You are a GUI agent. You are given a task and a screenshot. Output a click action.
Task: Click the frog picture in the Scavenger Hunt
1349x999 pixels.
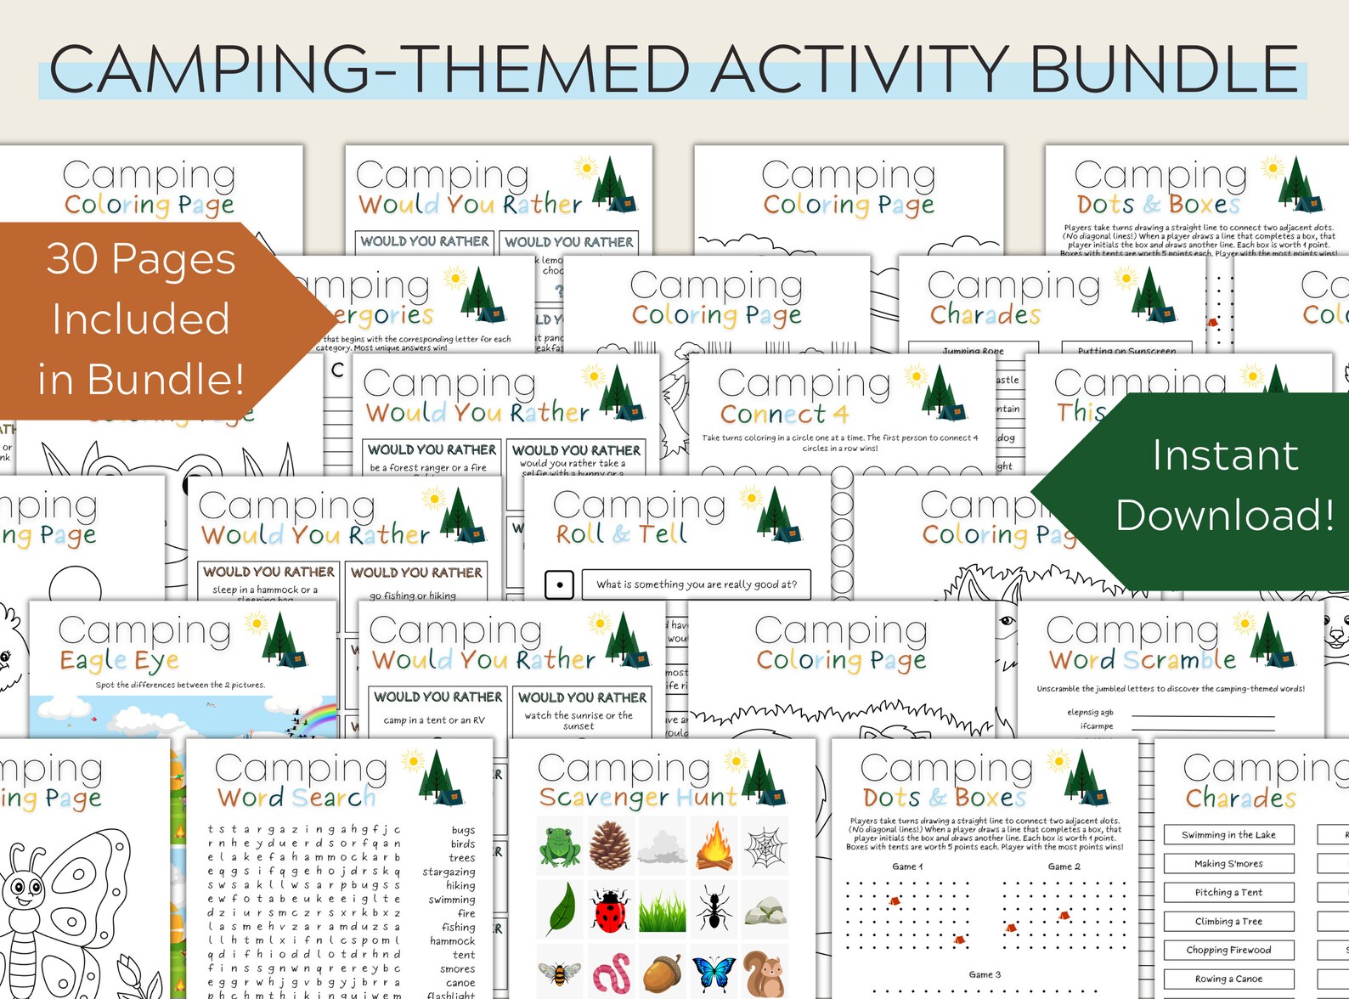click(x=560, y=846)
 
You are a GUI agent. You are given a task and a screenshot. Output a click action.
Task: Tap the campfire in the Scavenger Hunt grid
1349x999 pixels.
click(x=714, y=846)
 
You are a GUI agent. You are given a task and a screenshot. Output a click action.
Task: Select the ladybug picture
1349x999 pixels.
click(x=611, y=910)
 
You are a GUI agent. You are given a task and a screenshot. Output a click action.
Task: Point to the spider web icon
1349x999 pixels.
click(x=765, y=846)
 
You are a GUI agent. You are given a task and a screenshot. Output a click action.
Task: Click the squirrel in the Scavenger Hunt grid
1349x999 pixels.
click(x=765, y=974)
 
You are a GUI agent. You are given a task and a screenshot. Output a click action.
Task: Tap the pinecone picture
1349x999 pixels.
click(x=611, y=846)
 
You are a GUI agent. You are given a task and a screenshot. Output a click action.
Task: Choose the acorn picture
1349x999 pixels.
click(x=662, y=974)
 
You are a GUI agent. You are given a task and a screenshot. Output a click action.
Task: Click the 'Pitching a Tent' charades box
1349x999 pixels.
click(x=1228, y=892)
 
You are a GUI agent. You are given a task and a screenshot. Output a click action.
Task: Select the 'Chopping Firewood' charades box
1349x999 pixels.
click(x=1228, y=950)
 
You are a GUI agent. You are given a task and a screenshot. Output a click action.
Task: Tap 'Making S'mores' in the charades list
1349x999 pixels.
click(x=1228, y=863)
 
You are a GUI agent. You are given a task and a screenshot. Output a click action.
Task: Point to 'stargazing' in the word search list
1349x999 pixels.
click(x=449, y=872)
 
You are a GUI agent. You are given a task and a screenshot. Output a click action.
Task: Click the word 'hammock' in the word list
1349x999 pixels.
click(x=452, y=940)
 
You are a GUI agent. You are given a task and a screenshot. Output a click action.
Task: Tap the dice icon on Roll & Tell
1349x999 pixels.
click(x=559, y=584)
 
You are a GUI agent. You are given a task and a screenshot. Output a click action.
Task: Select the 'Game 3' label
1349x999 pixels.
click(x=985, y=974)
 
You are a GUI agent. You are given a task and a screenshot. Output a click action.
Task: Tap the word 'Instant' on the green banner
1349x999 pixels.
click(x=1225, y=455)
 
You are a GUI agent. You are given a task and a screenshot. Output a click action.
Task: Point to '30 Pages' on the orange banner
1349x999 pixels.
click(x=141, y=258)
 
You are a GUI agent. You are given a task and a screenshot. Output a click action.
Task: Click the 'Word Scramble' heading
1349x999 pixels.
click(x=1143, y=659)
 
